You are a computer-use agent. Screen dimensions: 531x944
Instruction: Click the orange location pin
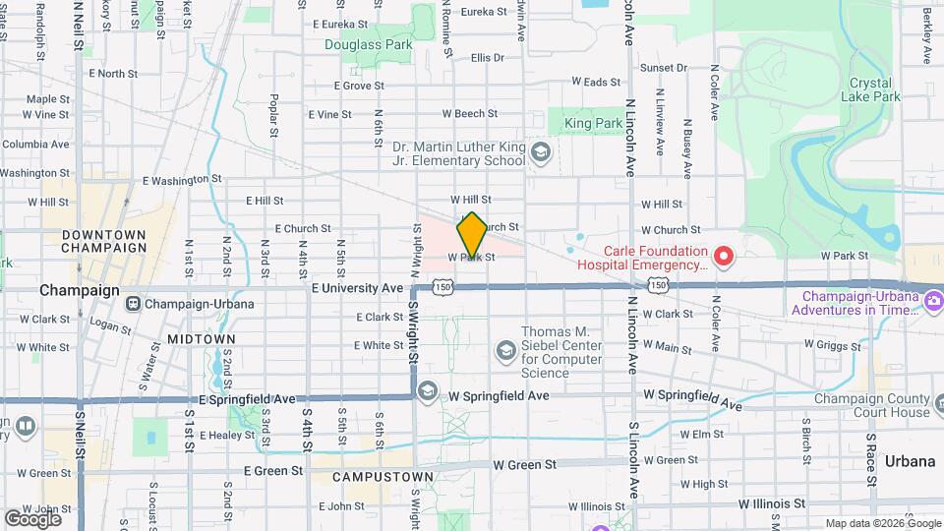coord(472,234)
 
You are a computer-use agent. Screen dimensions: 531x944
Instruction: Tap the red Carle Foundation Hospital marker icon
coord(725,257)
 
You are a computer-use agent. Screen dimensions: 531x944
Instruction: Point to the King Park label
coord(593,123)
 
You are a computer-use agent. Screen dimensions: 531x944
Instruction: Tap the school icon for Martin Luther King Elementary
coord(539,153)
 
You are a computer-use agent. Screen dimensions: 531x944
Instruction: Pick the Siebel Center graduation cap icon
coord(505,351)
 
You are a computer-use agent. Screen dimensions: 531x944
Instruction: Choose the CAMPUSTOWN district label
coord(383,477)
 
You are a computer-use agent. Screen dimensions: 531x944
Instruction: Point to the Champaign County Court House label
coord(871,405)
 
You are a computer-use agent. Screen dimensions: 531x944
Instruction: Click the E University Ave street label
coord(357,288)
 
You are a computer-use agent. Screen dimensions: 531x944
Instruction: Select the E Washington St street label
coord(182,180)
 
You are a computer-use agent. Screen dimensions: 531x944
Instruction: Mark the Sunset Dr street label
coord(663,68)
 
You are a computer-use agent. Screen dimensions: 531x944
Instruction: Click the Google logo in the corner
coord(33,518)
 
